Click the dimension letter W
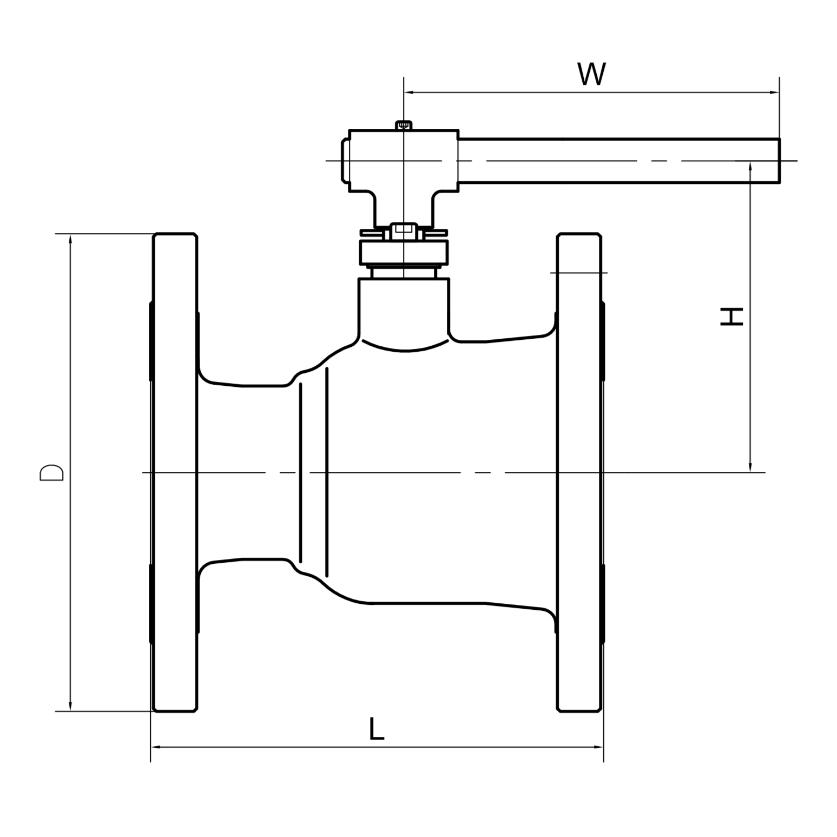(x=591, y=74)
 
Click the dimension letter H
(x=731, y=317)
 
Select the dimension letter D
(x=52, y=472)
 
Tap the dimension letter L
(x=377, y=729)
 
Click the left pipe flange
(x=175, y=472)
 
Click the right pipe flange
(x=579, y=472)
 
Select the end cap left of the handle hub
(x=345, y=161)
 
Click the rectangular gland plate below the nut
(x=404, y=252)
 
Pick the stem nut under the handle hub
(x=404, y=230)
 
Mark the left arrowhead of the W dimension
(x=409, y=93)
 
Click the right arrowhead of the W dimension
(x=774, y=93)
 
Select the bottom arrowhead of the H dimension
(x=750, y=467)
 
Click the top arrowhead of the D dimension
(x=70, y=239)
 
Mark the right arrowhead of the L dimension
(x=598, y=747)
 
